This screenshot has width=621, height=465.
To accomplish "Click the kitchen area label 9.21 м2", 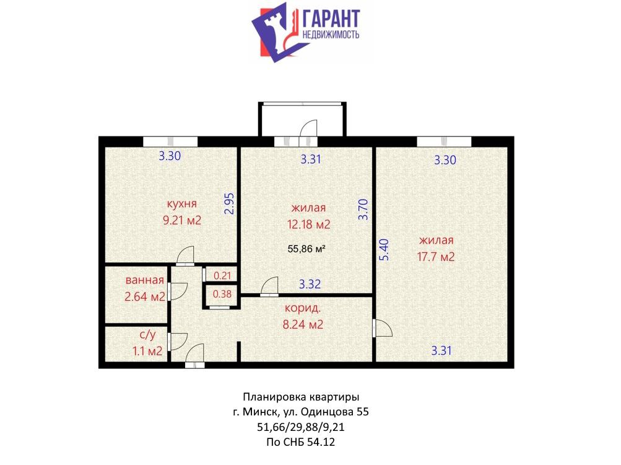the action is click(182, 220).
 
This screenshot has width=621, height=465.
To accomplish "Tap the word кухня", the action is click(182, 204).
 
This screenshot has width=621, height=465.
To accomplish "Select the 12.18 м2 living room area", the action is click(308, 224).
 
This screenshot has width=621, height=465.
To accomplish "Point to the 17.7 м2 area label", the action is click(436, 257).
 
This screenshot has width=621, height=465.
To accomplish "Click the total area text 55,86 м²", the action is click(306, 249).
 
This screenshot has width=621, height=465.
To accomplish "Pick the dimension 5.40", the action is click(384, 250).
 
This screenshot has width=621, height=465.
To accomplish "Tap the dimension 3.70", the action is click(363, 210).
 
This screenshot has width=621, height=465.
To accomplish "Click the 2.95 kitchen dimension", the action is click(229, 203).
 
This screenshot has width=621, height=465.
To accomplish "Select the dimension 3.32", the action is click(310, 284).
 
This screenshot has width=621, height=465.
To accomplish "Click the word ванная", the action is click(144, 280).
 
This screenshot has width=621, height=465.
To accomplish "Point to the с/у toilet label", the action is click(148, 335).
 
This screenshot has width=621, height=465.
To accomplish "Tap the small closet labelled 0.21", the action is click(222, 275).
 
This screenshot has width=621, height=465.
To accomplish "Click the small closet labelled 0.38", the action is click(222, 294).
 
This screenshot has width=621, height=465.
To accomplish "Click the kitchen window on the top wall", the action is click(170, 141).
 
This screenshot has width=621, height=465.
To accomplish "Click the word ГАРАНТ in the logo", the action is click(331, 19).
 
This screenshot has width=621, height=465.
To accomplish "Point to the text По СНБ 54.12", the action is click(301, 442).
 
